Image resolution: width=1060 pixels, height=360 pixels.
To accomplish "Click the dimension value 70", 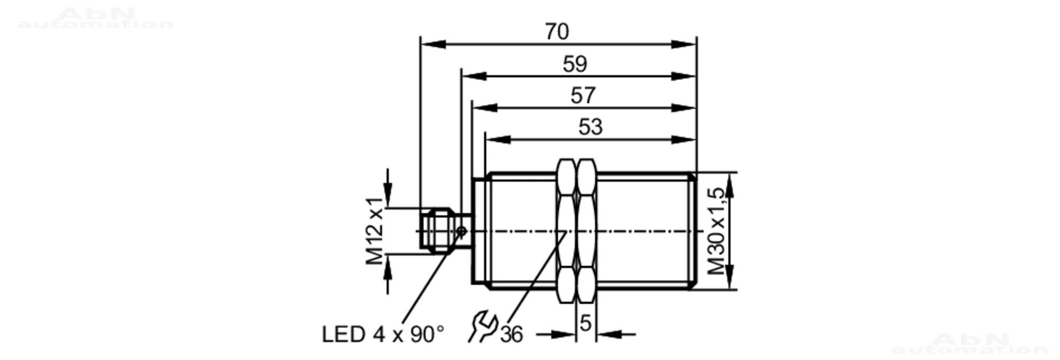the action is tap(557, 32).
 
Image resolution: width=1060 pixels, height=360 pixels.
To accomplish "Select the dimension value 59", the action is tap(575, 64).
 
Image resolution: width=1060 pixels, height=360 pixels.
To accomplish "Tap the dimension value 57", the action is tap(583, 96).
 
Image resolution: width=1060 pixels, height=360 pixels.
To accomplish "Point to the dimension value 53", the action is tap(590, 127).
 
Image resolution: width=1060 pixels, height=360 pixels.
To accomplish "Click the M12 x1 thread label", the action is tap(375, 231).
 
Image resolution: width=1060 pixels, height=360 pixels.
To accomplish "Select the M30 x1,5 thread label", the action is tap(716, 231).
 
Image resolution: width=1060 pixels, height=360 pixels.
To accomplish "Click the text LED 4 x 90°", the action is tap(383, 335).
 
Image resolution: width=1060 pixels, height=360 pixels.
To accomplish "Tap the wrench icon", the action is tap(482, 327).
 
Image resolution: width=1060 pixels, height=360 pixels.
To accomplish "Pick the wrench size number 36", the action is tap(511, 335).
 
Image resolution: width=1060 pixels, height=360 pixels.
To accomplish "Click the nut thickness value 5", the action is tap(585, 323).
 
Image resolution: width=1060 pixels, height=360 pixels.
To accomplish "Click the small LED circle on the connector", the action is tap(461, 231).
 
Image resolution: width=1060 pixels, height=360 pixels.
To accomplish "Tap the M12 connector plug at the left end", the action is tap(439, 231).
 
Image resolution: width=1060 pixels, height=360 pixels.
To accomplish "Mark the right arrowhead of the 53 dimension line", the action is tap(684, 139).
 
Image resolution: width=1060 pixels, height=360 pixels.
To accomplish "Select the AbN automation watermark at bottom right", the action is tap(970, 344).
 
